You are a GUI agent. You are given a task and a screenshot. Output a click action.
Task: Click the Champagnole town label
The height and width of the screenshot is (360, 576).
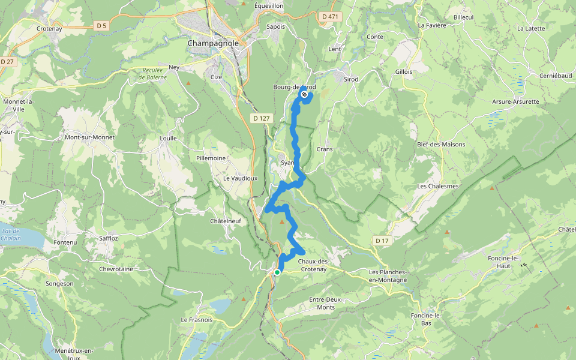click(213, 43)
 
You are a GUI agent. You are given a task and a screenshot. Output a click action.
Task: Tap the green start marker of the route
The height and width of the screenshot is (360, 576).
click(277, 272)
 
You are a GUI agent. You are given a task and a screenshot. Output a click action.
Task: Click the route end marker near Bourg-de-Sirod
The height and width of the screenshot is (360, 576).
click(305, 94)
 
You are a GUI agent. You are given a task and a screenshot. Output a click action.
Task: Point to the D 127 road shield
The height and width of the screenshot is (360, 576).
click(261, 118)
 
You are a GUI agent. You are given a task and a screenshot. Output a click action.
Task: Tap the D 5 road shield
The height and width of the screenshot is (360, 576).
click(101, 25)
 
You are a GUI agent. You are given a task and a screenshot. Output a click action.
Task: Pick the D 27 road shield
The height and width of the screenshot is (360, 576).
click(7, 61)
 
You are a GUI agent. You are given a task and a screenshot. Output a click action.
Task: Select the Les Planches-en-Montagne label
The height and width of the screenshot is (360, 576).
click(388, 275)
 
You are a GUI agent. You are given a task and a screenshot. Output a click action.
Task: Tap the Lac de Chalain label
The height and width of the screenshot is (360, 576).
click(11, 235)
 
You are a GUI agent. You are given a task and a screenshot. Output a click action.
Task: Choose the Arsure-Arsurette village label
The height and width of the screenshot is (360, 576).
click(515, 101)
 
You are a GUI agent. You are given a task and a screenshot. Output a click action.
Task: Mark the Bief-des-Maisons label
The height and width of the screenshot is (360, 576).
click(441, 145)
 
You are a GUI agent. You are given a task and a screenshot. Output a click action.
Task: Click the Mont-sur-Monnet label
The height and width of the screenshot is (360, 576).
click(89, 137)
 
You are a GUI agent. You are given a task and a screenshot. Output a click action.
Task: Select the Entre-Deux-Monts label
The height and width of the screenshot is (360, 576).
click(330, 303)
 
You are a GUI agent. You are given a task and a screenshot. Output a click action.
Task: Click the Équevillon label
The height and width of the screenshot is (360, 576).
click(269, 5)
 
